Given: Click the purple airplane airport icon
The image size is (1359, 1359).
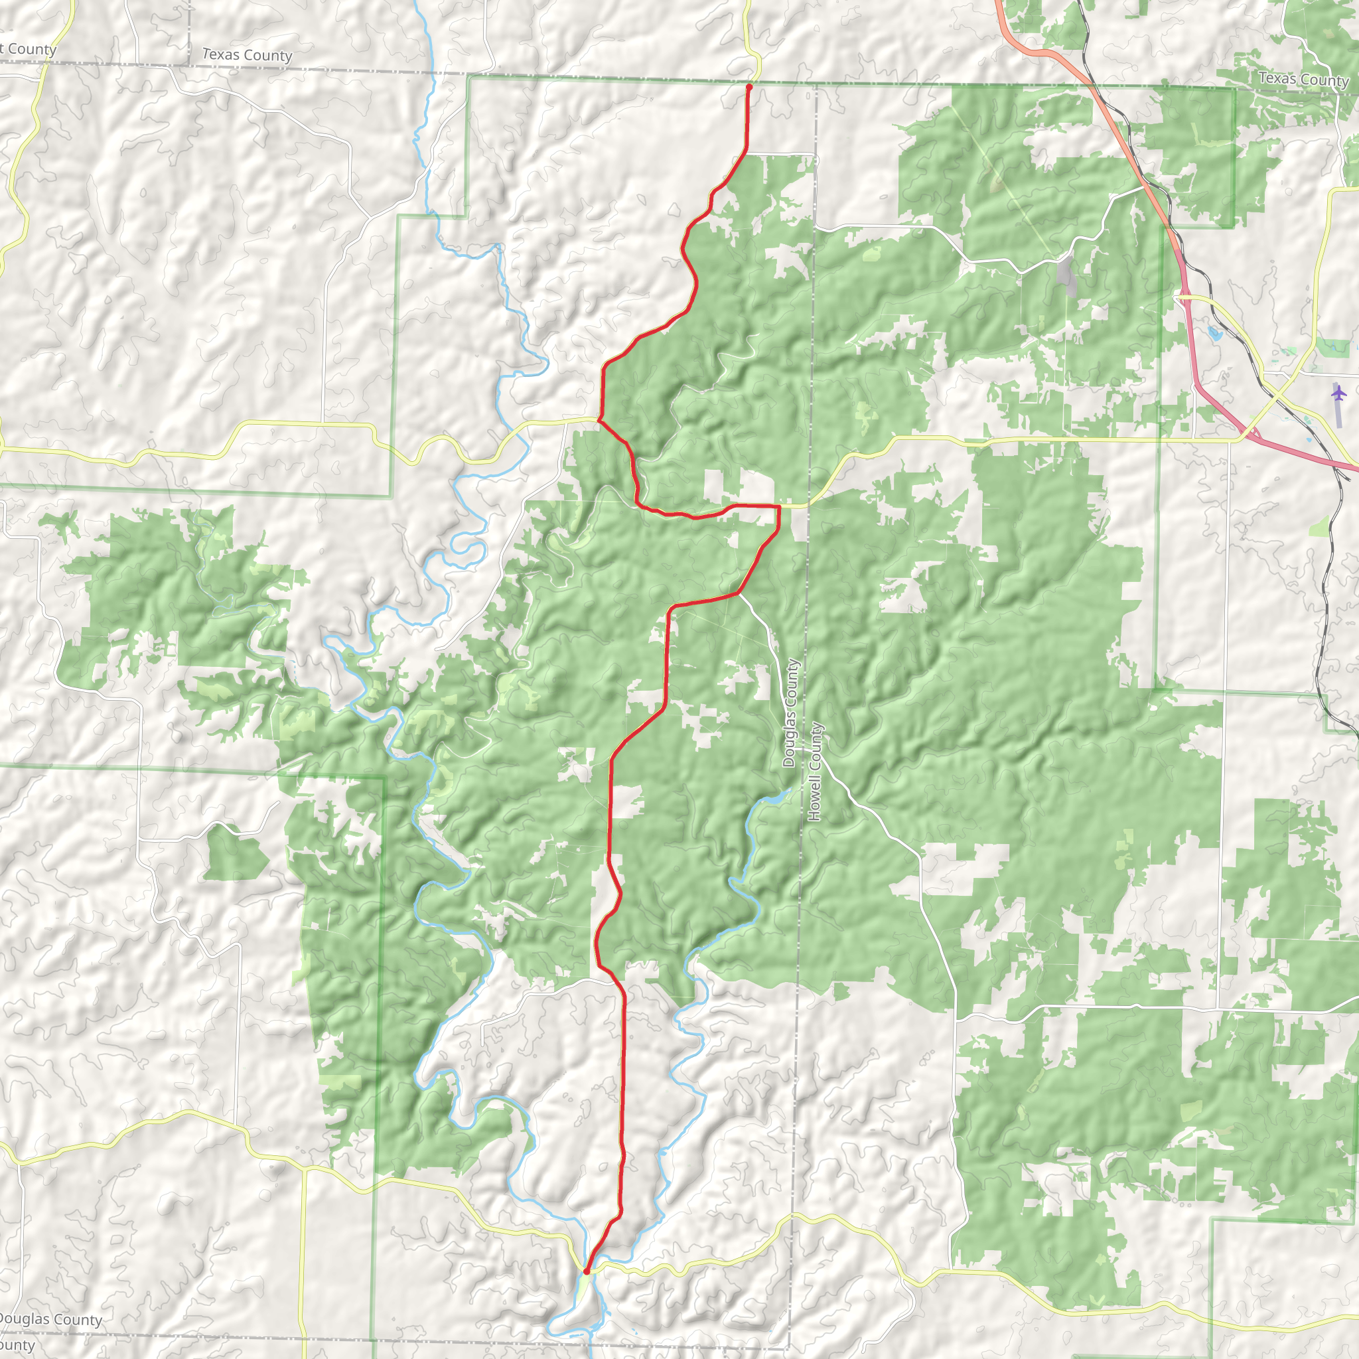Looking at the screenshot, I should point(1338,393).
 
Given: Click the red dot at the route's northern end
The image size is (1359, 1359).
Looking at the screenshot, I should point(749,87).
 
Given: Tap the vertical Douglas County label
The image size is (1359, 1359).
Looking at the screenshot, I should point(790,713).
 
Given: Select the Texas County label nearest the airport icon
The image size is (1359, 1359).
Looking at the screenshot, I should point(1303,79).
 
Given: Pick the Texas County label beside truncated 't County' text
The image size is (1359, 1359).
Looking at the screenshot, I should point(247,55).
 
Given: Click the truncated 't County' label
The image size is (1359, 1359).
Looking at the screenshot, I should point(27,49).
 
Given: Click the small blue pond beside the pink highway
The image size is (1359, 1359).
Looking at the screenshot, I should point(1215,332).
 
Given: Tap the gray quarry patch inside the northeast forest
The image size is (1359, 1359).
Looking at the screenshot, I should point(1067,276).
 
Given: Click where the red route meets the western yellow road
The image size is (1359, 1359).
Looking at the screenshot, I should point(599,420).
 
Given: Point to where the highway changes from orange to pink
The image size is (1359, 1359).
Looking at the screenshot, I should point(1173,232).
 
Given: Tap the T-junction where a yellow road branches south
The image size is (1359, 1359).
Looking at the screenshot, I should point(304,1170).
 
